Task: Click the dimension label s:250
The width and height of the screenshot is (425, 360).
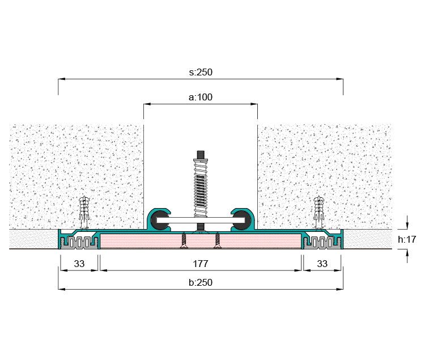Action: pos(201,72)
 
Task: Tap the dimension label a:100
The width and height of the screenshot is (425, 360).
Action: pos(201,97)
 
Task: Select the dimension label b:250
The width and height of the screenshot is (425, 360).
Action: pos(201,282)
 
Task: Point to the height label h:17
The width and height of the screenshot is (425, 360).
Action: pos(407,239)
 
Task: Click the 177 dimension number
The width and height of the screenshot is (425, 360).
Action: pos(201,264)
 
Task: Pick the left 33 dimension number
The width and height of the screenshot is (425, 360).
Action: pos(79,264)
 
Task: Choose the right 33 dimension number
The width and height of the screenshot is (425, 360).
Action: pos(322,264)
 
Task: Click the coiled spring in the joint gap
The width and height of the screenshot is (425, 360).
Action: pos(201,188)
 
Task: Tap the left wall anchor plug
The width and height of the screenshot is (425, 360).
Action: pos(84,212)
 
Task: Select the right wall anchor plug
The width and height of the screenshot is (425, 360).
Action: pos(318,212)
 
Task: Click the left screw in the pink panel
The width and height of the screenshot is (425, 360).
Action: pos(184,240)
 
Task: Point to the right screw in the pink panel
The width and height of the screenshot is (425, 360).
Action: pos(218,240)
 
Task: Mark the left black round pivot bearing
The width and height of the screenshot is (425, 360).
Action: pos(159,220)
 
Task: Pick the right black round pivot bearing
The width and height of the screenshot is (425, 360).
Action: pos(242,220)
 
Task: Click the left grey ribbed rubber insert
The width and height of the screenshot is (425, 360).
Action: pos(79,243)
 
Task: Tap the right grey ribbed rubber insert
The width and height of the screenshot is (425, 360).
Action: pos(322,243)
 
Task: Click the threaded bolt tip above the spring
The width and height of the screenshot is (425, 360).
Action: pos(201,155)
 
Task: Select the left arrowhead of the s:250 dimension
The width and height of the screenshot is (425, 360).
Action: pos(62,79)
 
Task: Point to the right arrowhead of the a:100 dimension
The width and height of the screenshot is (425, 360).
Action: pos(254,104)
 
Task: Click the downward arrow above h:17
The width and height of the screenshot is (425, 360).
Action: pos(407,223)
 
